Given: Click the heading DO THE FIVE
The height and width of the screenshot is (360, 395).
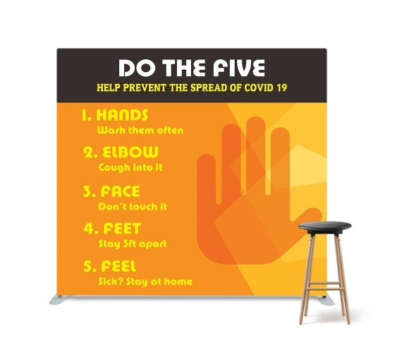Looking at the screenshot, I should click(191, 68).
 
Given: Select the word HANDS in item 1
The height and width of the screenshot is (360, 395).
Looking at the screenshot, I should click(125, 115).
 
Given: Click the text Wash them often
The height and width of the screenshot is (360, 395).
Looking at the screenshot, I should click(140, 130).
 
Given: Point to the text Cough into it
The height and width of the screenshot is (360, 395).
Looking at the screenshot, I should click(130, 167).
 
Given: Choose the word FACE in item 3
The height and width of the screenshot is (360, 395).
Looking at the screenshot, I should click(119, 191).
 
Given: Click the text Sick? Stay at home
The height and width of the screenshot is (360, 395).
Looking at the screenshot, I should click(145, 282).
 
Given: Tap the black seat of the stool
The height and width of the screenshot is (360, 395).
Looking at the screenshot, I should click(324, 226).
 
